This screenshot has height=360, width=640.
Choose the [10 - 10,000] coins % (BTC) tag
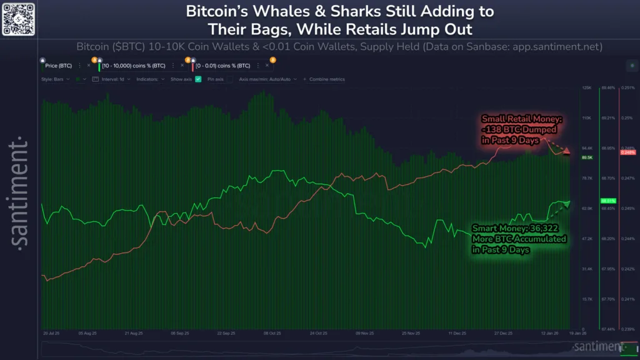[x=134, y=65]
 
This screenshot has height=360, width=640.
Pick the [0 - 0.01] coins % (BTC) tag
[x=223, y=65]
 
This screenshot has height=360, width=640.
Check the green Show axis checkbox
[x=198, y=79]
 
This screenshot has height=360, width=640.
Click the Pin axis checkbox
[x=229, y=79]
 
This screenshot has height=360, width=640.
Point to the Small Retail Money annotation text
[x=509, y=129]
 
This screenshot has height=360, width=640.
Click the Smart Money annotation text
[x=519, y=238]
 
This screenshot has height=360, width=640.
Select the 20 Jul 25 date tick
[x=51, y=334]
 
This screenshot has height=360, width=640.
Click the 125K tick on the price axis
[x=587, y=88]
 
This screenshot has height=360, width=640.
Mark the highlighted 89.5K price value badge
[x=587, y=157]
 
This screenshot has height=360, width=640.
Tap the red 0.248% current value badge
[x=627, y=152]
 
